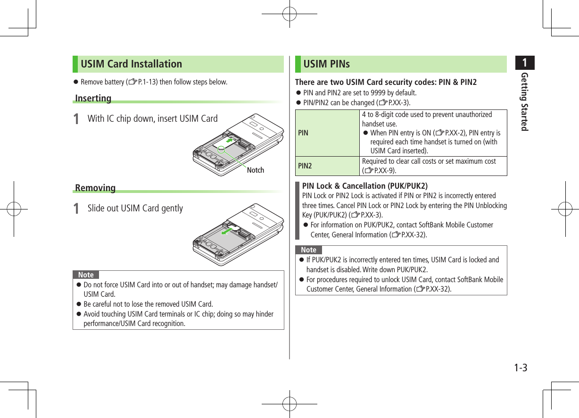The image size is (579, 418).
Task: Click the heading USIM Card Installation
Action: point(131,64)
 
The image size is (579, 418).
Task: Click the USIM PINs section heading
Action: point(326,64)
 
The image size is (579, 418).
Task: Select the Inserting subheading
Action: point(93,99)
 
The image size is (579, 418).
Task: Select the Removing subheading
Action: point(95,188)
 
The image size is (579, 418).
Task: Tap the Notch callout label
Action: point(256,170)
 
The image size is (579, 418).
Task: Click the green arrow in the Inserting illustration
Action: point(230,140)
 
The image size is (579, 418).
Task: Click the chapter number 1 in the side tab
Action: point(524,63)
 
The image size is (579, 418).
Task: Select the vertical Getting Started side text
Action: point(524,102)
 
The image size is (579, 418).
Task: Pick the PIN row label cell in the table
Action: point(303,133)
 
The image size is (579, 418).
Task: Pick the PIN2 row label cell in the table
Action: point(305,166)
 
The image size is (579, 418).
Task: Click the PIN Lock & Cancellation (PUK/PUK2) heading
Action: point(364,185)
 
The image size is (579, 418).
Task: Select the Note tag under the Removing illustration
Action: point(86,275)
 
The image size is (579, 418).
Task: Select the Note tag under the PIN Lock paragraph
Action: point(308,250)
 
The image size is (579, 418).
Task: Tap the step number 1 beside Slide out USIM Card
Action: point(77,209)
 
